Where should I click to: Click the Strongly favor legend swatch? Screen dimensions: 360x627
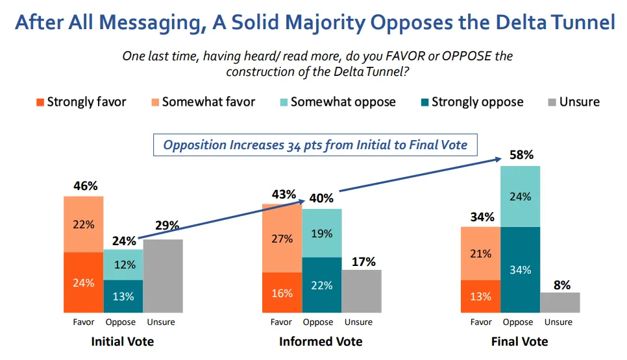[x=40, y=102]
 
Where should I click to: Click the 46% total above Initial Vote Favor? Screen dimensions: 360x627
[x=84, y=186]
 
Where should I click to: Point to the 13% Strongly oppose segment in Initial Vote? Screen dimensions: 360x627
[x=123, y=296]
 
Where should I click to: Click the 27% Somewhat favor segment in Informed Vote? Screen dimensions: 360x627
[x=282, y=238]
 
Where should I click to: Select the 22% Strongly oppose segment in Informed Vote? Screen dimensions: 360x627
[x=321, y=285]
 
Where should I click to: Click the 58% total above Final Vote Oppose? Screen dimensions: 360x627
[x=520, y=155]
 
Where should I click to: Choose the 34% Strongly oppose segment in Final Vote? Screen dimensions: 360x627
[x=520, y=270]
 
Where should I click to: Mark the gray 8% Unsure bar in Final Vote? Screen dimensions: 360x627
[x=559, y=302]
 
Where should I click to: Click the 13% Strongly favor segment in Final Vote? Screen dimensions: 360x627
[x=481, y=296]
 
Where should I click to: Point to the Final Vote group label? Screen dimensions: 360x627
[x=520, y=341]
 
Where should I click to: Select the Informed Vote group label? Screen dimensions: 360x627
[x=321, y=341]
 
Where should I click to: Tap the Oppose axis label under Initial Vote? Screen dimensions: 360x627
[x=122, y=322]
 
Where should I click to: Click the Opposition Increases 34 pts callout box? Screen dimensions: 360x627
[x=315, y=145]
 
